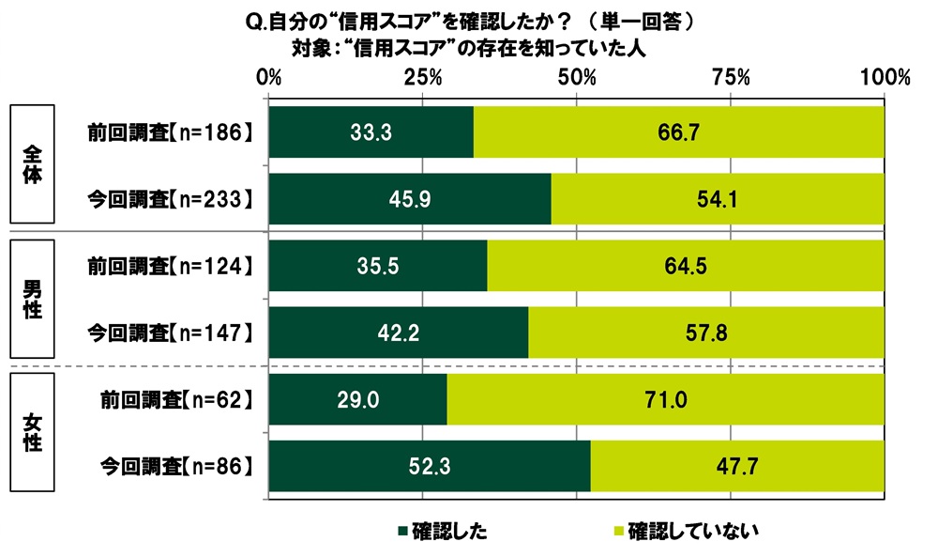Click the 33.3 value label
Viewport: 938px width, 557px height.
point(371,132)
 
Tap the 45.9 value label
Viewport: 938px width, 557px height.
point(410,199)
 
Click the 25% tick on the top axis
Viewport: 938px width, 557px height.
point(423,79)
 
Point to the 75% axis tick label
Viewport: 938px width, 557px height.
point(732,79)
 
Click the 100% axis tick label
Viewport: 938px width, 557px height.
point(885,79)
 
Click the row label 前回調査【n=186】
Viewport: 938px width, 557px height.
point(171,132)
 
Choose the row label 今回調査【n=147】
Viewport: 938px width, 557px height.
point(171,333)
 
